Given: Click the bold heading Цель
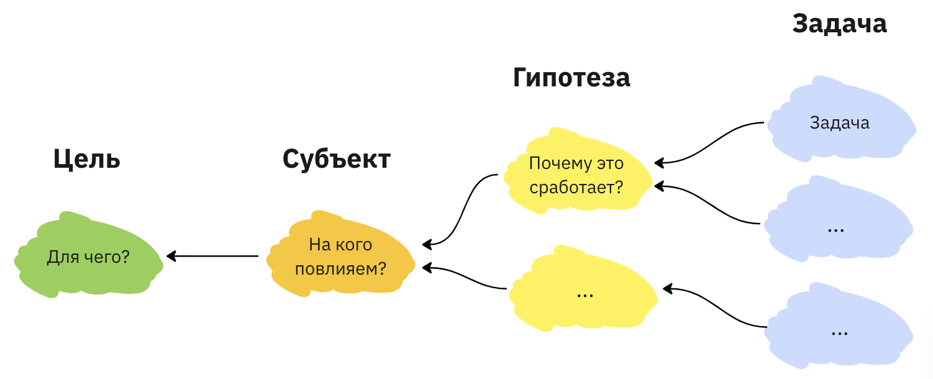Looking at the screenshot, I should coord(86,160).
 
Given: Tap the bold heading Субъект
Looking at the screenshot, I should coord(336,159).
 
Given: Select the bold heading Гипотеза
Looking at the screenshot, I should coord(571,78).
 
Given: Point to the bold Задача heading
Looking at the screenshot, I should coord(839,24).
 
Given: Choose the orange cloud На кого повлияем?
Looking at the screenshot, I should coord(340,257).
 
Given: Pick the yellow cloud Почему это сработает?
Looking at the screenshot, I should coord(576,175).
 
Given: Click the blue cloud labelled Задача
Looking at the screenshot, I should coord(839,122).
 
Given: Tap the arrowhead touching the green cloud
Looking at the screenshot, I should coord(171,255).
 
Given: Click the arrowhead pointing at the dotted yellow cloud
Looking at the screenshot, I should coord(668,288).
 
